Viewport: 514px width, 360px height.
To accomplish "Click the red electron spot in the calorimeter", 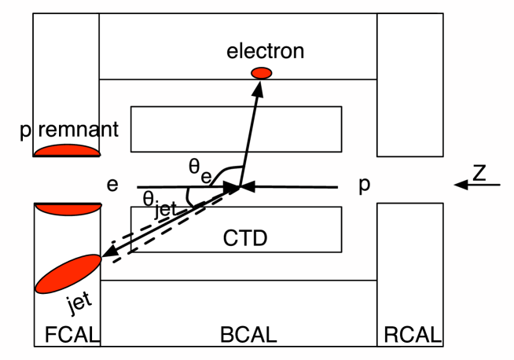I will point(261,73).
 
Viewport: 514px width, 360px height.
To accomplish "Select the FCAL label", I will point(68,336).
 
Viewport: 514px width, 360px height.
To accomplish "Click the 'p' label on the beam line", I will point(364,186).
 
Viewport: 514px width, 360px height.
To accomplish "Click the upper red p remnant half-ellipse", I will point(68,150).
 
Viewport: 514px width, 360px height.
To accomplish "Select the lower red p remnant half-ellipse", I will point(68,208).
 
